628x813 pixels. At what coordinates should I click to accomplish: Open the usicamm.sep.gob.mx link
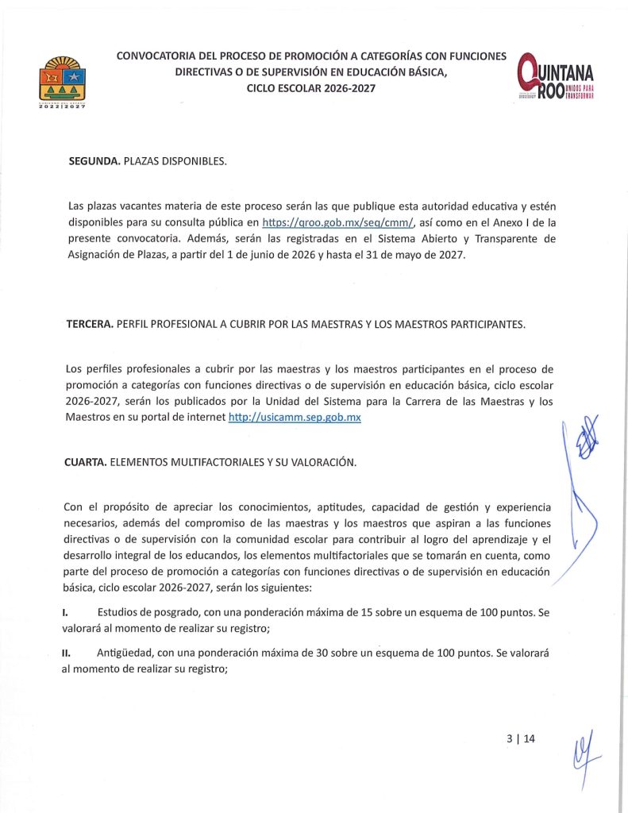click(x=294, y=417)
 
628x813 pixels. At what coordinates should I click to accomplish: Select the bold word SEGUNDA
click(x=94, y=161)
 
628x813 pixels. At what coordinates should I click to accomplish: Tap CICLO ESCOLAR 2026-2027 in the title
click(x=311, y=88)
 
